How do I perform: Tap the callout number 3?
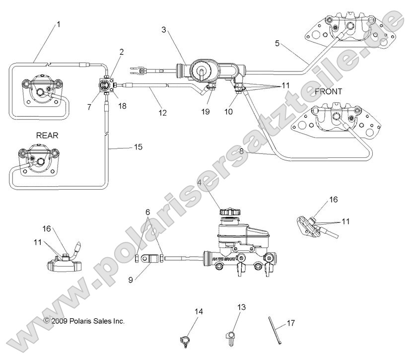point(164,30)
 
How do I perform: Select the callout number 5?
point(277,43)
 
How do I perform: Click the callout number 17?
point(291,323)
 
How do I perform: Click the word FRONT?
point(328,91)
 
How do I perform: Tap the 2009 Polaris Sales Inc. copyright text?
point(84,321)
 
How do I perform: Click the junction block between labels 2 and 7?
point(106,85)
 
